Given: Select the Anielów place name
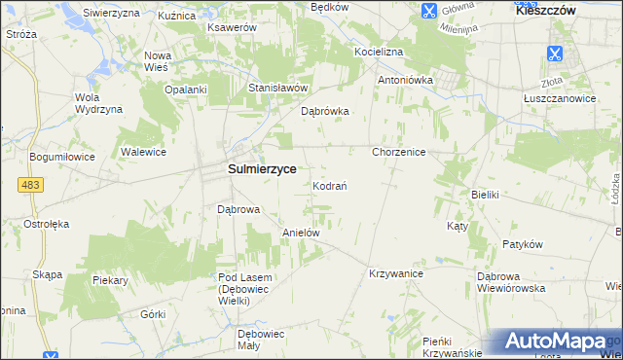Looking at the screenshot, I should (301, 234).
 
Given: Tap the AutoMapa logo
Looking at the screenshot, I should (556, 342).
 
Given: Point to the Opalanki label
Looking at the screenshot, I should (186, 90).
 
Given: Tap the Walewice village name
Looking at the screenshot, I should (143, 153).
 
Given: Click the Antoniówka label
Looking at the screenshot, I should (404, 80).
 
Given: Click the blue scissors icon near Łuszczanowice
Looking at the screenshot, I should (555, 54).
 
